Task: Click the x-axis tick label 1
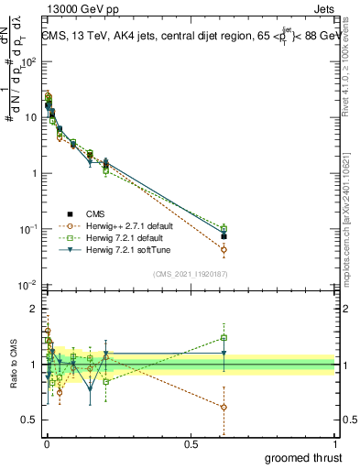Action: [335, 444]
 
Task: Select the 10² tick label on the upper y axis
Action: [27, 62]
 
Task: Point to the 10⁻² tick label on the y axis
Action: [27, 285]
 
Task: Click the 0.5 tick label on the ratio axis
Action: [29, 420]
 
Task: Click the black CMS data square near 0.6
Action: [224, 236]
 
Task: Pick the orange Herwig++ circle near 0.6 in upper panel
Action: [224, 249]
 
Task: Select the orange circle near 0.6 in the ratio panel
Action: [224, 407]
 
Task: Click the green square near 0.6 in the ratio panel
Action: [224, 337]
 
